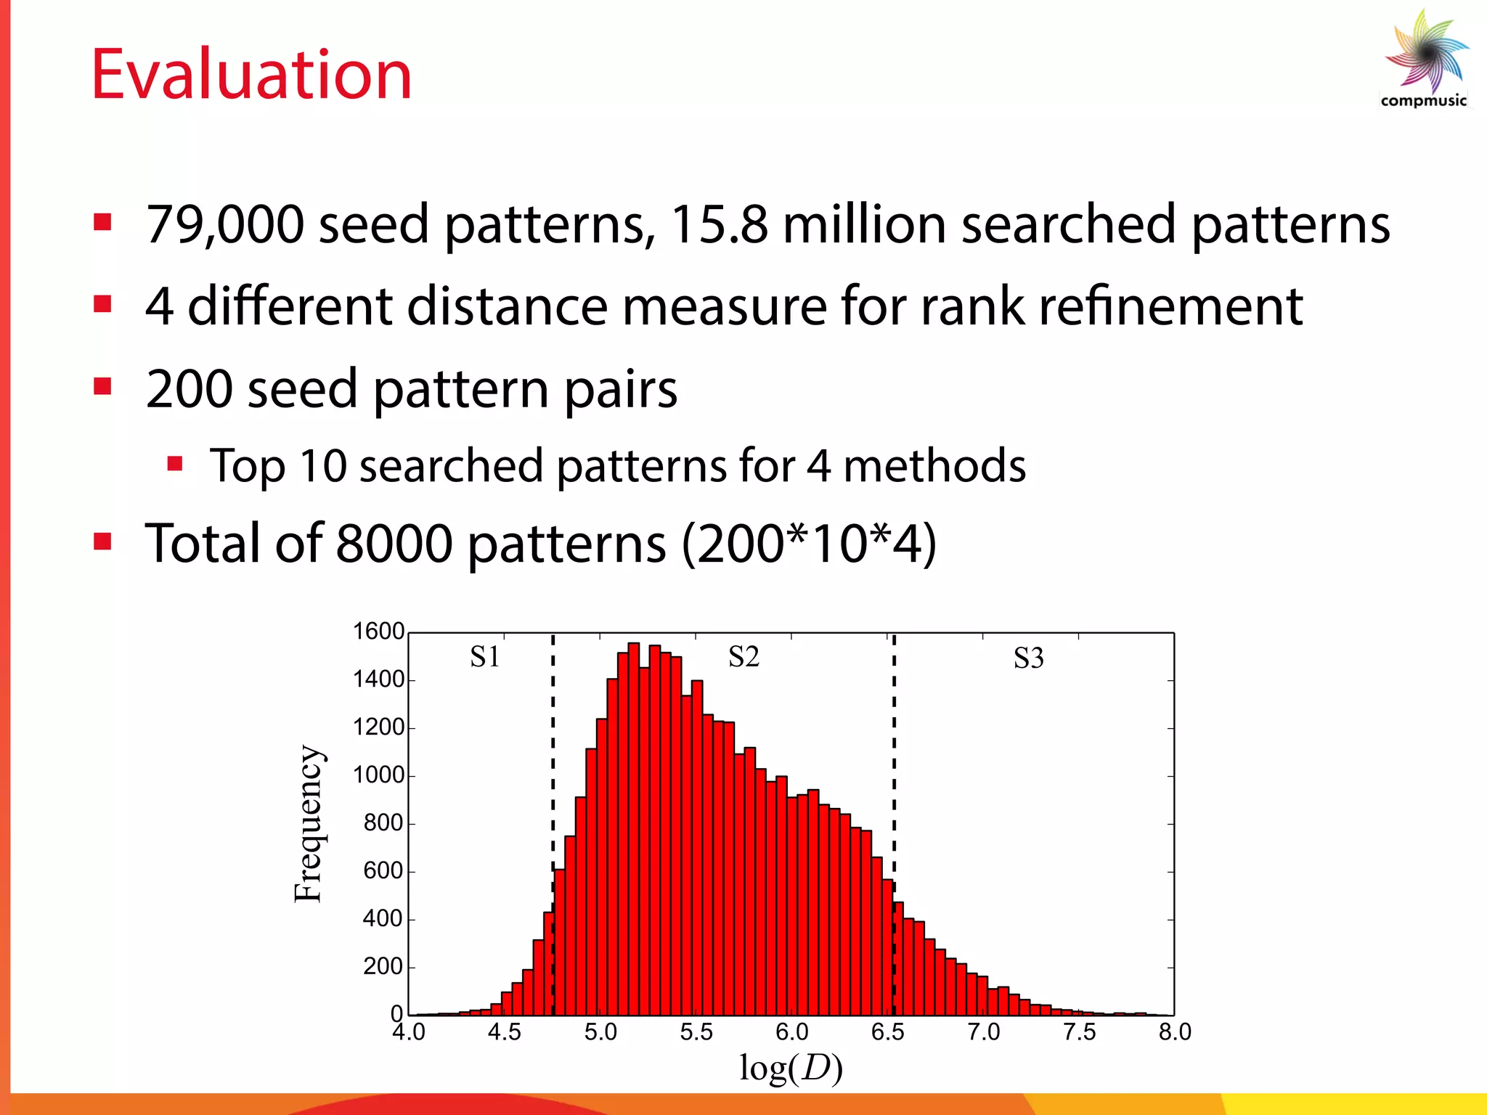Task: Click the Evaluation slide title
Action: point(251,75)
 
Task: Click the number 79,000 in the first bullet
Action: point(224,224)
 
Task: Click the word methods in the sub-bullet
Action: point(934,465)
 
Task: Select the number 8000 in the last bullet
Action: point(394,544)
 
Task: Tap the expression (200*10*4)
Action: point(809,544)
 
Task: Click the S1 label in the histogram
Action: point(484,657)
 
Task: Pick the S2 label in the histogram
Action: point(743,657)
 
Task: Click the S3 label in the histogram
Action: point(1028,658)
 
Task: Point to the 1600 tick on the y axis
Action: point(378,632)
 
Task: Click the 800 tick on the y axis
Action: point(383,823)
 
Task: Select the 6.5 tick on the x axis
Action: point(887,1032)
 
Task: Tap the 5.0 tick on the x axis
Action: point(600,1032)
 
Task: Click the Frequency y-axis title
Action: point(309,824)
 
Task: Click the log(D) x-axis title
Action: point(791,1068)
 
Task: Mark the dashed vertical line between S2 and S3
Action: point(894,762)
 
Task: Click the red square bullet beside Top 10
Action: point(174,463)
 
